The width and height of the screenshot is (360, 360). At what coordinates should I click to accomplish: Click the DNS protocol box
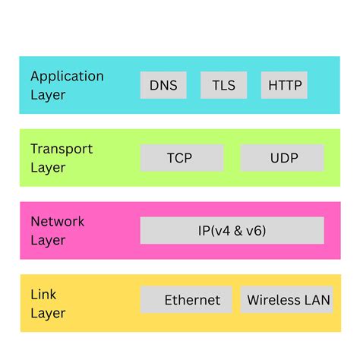[163, 85]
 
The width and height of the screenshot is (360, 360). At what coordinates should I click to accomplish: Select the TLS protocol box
[223, 85]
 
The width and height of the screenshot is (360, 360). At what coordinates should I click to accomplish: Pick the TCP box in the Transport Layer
[182, 158]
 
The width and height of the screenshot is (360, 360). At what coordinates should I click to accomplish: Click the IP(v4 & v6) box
[232, 230]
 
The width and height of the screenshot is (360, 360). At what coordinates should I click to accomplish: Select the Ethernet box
[192, 300]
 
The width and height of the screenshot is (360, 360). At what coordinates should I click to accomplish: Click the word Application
[67, 76]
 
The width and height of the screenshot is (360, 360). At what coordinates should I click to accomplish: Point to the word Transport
[62, 149]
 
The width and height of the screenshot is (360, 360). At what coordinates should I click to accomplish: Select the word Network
[58, 221]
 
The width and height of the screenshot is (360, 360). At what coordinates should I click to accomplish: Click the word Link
[43, 294]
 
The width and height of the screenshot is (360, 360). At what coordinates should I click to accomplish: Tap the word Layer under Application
[48, 95]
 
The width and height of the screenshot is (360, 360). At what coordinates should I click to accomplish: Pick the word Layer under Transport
[48, 168]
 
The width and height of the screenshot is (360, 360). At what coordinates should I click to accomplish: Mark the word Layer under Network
[48, 240]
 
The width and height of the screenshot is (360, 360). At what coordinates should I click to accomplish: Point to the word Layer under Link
[48, 313]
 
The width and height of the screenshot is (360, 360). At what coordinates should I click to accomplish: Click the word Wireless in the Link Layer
[274, 300]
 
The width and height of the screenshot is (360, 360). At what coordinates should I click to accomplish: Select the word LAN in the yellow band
[317, 300]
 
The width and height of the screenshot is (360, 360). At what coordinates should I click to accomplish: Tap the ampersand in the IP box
[241, 230]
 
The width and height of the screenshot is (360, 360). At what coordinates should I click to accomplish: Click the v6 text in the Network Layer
[256, 230]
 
